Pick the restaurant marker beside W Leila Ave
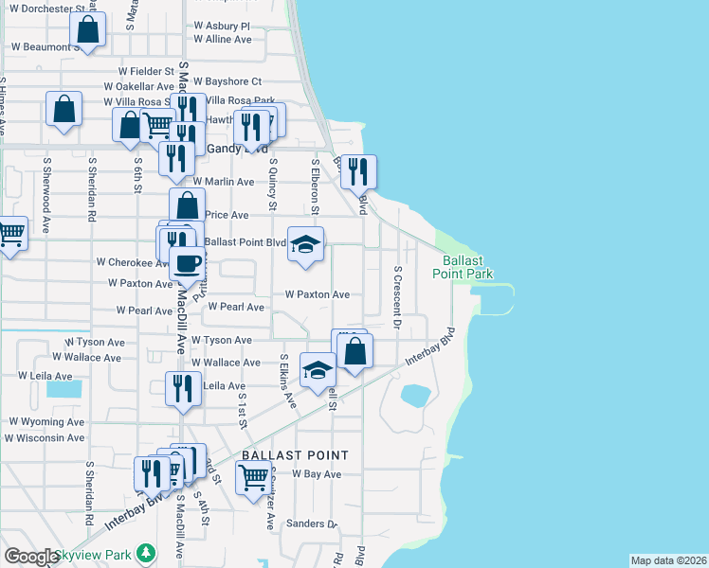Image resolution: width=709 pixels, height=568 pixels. click(182, 388)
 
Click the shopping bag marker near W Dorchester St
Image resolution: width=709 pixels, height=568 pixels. click(87, 30)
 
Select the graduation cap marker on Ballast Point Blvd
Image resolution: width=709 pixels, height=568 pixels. click(306, 244)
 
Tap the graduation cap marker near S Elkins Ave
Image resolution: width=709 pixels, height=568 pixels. click(318, 369)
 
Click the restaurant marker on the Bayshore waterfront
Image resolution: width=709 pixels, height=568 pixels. click(358, 171)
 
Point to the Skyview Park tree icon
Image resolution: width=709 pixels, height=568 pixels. click(145, 553)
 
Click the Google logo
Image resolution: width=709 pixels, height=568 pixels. click(30, 557)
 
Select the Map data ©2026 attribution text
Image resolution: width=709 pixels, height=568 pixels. click(668, 560)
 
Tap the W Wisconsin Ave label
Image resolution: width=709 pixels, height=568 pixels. click(45, 438)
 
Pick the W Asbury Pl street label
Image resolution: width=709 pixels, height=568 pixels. click(221, 27)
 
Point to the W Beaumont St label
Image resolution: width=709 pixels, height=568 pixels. click(40, 46)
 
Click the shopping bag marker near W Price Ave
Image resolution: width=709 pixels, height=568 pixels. click(188, 204)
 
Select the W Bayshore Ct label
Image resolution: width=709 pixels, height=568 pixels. click(227, 82)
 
